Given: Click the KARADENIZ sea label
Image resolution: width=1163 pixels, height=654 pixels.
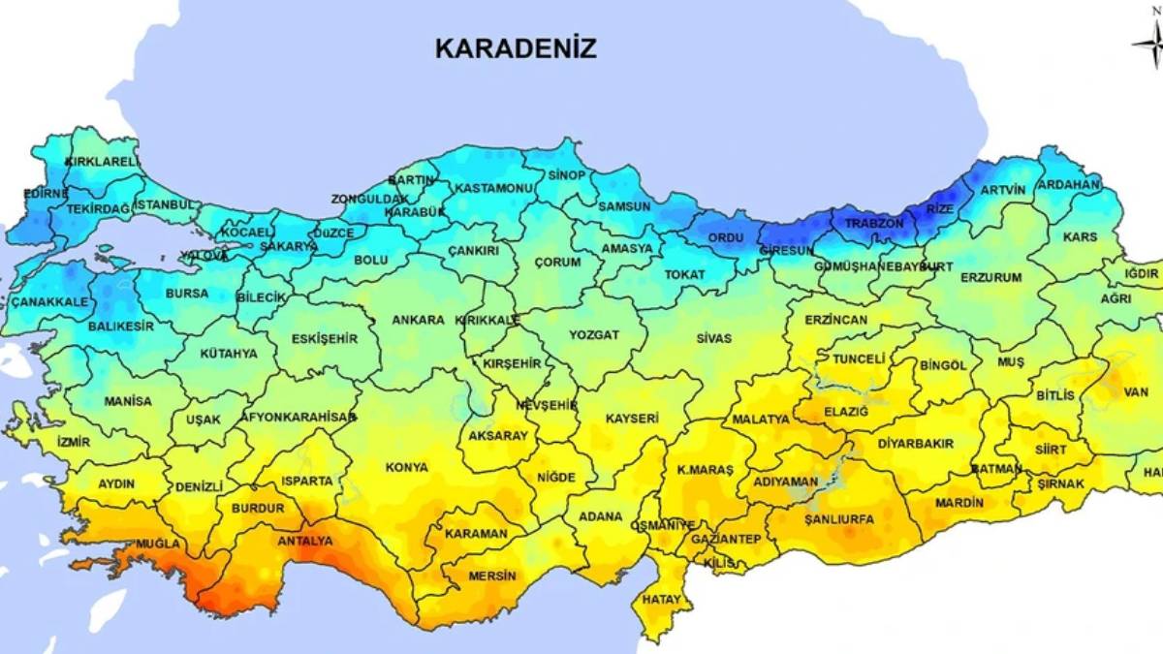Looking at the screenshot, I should click(516, 48).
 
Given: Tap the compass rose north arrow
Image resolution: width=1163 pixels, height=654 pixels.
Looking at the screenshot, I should click(1149, 42).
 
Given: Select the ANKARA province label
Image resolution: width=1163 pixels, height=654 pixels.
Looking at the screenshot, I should click(418, 320).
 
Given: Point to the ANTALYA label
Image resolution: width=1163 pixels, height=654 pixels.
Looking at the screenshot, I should click(304, 541).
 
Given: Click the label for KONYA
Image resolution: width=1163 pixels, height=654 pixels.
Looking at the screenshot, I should click(406, 467).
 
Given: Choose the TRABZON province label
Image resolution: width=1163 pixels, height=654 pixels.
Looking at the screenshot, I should click(873, 223).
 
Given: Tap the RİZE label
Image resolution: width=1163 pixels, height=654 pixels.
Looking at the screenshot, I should click(940, 208).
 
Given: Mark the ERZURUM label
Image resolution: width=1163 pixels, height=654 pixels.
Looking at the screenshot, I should click(990, 277).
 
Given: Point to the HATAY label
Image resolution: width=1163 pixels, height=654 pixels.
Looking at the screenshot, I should click(661, 600).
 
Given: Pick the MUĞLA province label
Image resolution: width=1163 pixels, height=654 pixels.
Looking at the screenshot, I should click(157, 545).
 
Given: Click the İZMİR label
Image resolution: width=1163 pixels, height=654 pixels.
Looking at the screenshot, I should click(73, 442).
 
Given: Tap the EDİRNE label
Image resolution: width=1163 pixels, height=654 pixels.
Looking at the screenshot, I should click(46, 194).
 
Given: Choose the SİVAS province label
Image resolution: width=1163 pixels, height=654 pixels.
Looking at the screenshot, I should click(713, 338).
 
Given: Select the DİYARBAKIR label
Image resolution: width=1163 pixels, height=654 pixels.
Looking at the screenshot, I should click(915, 443).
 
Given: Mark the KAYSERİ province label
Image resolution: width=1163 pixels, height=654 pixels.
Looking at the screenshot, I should click(632, 419).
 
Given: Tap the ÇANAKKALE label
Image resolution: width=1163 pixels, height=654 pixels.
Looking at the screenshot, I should click(49, 302).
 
